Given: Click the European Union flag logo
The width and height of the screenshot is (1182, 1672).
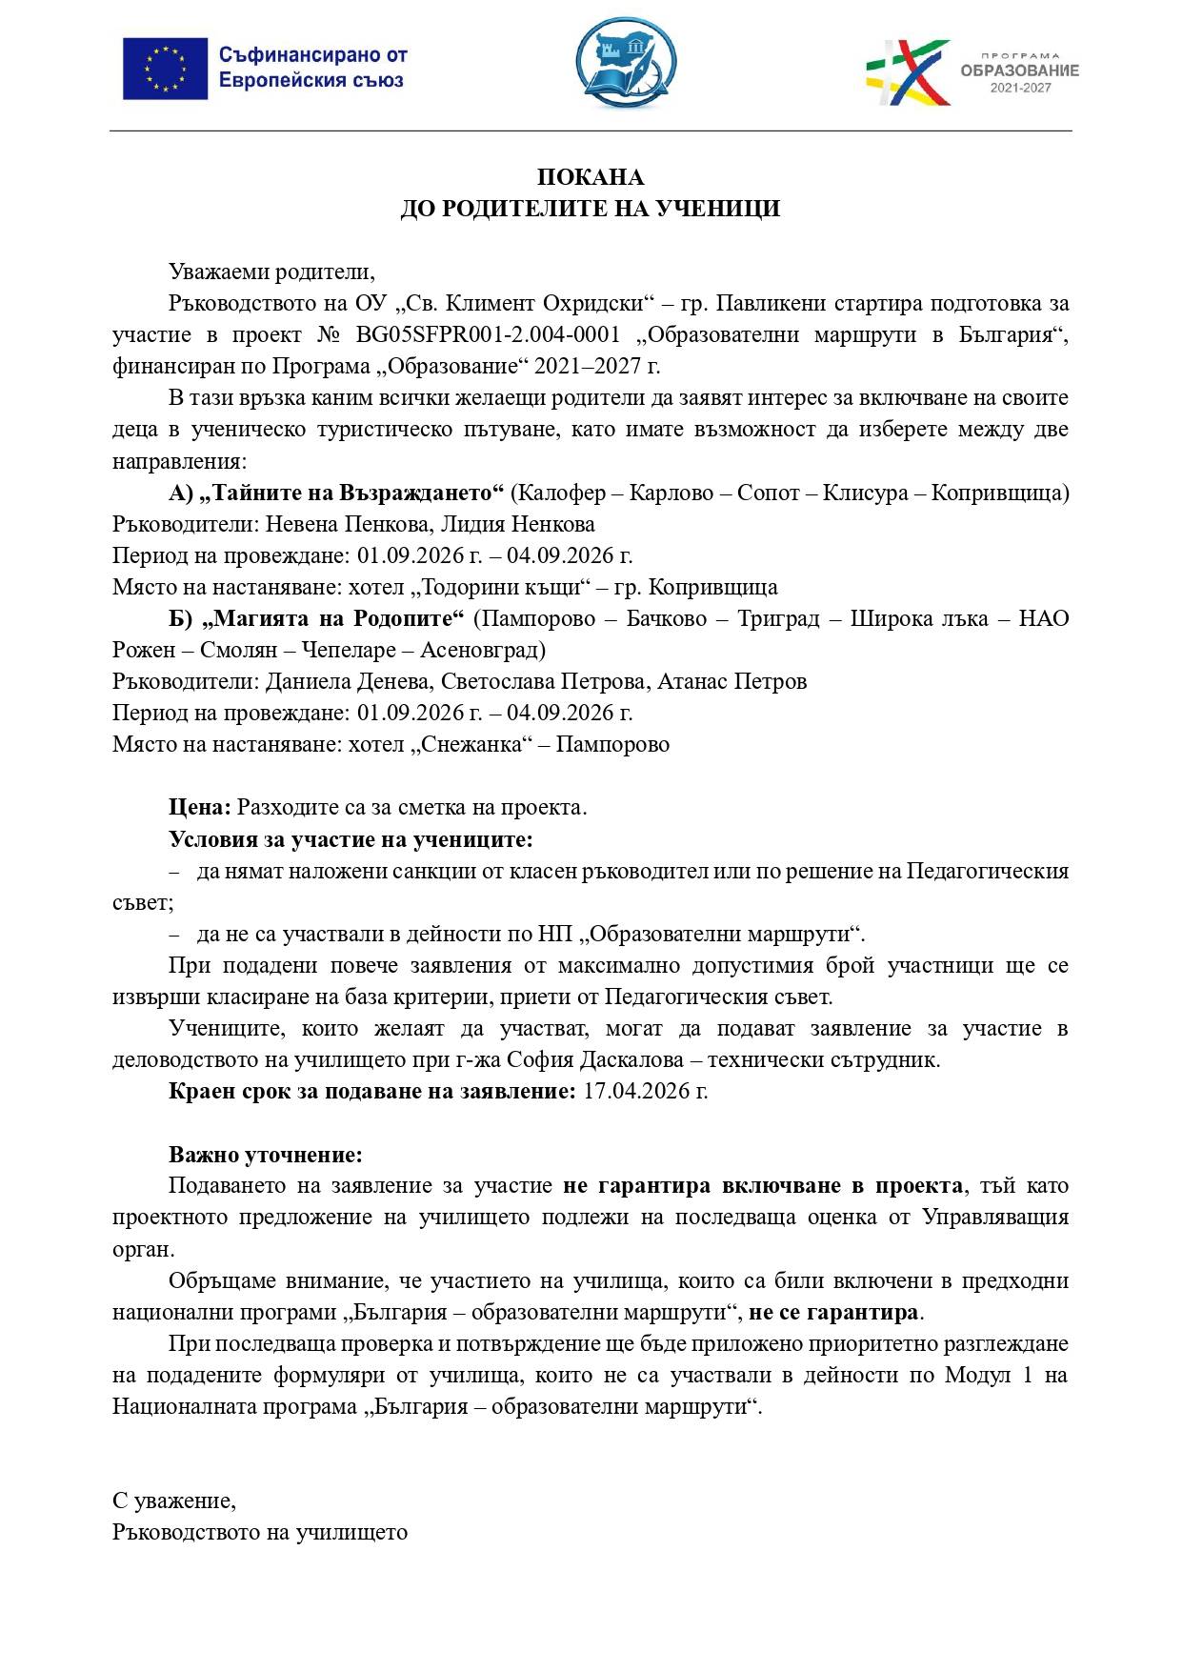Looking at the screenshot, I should (x=165, y=69).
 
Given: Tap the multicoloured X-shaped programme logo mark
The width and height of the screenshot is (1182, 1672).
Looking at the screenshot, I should (x=908, y=71).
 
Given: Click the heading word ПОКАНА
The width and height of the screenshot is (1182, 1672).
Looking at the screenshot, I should (x=591, y=177).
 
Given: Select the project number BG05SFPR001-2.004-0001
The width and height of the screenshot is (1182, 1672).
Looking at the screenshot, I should (x=489, y=335).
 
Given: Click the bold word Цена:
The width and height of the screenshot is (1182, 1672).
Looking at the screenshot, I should (x=200, y=808).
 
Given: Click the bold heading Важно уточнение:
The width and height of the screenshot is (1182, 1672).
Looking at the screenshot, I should (x=266, y=1156).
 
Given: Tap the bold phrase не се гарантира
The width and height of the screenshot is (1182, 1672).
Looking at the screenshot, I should (x=833, y=1313).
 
